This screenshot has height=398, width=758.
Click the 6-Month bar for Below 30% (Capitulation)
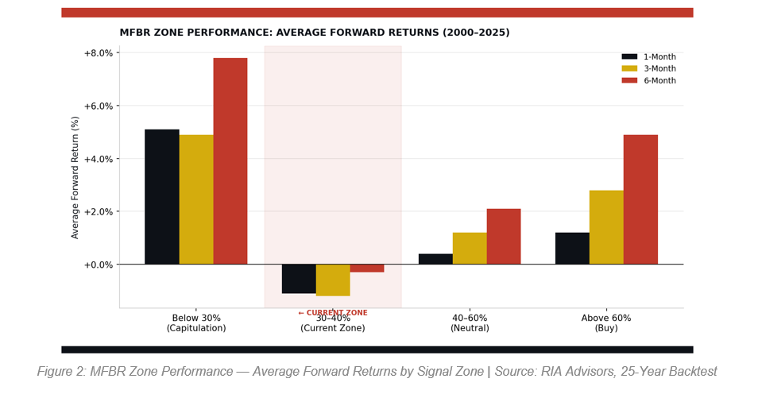tap(230, 160)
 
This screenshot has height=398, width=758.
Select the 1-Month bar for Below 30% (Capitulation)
tap(162, 196)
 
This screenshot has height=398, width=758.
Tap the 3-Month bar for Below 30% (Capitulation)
tap(196, 199)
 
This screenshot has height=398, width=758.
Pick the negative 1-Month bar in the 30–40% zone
tap(299, 279)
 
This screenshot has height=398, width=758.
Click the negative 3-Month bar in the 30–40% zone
tap(333, 280)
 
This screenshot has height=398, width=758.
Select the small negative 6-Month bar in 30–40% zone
tap(367, 269)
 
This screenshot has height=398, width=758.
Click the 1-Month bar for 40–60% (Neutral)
tap(435, 259)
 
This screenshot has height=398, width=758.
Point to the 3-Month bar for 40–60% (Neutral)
tap(470, 249)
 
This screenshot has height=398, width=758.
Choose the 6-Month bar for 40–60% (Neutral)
tap(504, 237)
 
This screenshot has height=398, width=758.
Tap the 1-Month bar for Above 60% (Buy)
tap(572, 249)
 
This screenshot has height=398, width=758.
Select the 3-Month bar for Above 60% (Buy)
tap(606, 227)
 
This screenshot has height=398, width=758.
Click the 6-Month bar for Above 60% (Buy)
tap(640, 199)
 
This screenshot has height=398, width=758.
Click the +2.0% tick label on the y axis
tap(99, 212)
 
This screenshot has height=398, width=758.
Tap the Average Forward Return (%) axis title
tap(75, 177)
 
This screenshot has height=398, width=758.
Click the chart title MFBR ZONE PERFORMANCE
tap(315, 33)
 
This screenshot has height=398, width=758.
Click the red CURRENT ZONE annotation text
tap(333, 313)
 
